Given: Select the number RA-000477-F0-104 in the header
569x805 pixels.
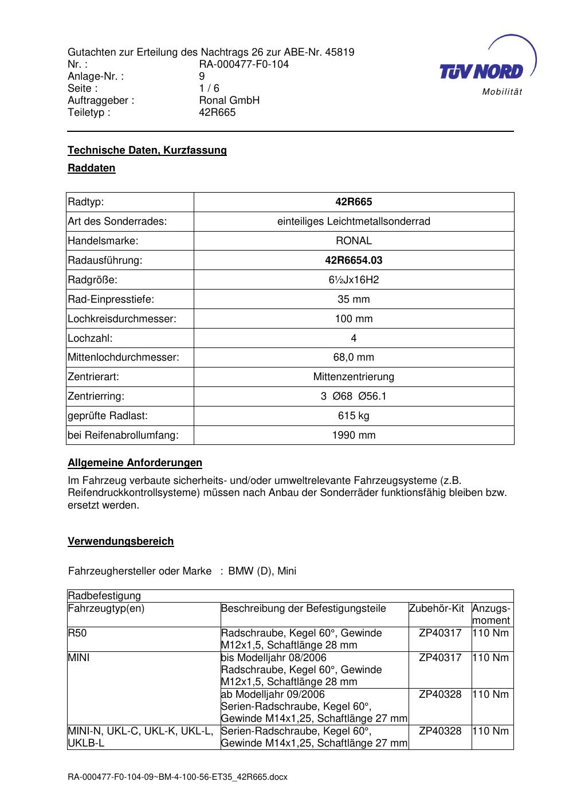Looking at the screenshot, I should [244, 64].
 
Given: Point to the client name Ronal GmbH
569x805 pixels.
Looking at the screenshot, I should [229, 100].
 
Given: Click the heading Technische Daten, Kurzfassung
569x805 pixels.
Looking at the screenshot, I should [147, 150].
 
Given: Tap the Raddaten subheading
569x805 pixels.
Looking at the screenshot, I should [92, 168].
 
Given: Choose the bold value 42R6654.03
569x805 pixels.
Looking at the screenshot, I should [354, 260].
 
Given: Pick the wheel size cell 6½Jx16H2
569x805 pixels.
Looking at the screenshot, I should [354, 280].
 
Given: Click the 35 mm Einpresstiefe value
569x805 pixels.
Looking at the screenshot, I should [354, 299].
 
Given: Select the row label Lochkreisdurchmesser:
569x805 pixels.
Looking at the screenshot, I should [121, 319].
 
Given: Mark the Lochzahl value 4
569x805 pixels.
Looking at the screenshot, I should [354, 338].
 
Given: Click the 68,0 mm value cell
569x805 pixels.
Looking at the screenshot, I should [354, 358].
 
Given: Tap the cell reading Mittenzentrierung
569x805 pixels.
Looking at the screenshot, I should [354, 377].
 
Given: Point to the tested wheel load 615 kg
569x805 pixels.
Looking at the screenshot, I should [354, 416].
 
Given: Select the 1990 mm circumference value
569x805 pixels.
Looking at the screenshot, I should [354, 435].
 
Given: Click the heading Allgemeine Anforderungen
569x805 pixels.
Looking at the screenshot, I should [135, 463].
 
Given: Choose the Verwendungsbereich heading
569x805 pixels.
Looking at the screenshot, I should [120, 541].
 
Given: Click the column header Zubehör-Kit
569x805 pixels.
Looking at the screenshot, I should [437, 608].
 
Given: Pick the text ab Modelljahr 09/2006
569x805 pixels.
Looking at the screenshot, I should [273, 694].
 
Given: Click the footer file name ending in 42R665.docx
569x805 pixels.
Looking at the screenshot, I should [178, 777].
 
